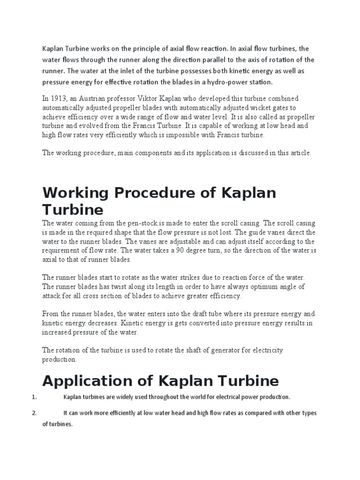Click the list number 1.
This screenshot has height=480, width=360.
[x=34, y=397]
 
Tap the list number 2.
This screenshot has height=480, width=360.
[x=34, y=413]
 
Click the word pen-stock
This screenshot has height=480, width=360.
[x=133, y=223]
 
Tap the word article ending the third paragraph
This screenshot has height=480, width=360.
[x=300, y=153]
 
